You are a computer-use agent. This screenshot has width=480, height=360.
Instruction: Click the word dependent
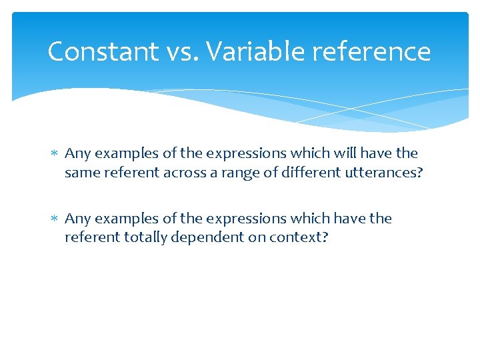click(208, 237)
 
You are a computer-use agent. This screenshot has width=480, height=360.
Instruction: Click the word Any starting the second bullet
click(77, 219)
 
